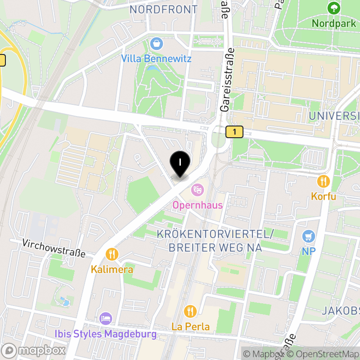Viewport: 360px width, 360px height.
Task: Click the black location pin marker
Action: (x=180, y=163)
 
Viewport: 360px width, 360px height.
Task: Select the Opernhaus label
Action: (x=198, y=205)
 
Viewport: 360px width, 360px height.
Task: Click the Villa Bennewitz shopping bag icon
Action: (x=156, y=44)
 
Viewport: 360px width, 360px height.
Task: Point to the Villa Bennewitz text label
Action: (x=156, y=59)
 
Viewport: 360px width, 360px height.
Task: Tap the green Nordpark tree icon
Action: (x=333, y=8)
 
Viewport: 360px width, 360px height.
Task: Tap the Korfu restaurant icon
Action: (x=323, y=182)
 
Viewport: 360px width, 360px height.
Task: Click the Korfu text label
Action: (x=323, y=197)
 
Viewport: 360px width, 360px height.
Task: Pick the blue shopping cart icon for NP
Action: (x=308, y=236)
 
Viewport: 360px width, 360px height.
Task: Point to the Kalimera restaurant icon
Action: (x=112, y=255)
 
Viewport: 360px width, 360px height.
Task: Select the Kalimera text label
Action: (x=112, y=270)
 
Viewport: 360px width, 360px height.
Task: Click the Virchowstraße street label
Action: (x=54, y=248)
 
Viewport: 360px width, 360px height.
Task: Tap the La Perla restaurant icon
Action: (x=191, y=311)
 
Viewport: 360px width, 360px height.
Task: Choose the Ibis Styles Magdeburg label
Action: (x=106, y=334)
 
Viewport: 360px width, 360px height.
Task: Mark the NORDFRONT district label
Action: (x=163, y=9)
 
